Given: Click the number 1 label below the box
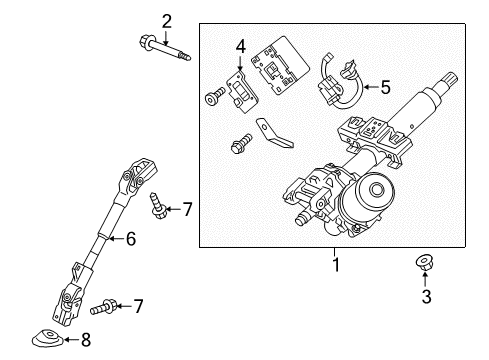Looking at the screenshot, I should click(x=336, y=264).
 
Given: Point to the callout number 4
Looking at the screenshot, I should click(x=240, y=47).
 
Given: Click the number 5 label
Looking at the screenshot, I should click(x=386, y=87).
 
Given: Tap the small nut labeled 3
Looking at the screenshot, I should click(x=425, y=262).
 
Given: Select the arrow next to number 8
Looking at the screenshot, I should click(x=68, y=340).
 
